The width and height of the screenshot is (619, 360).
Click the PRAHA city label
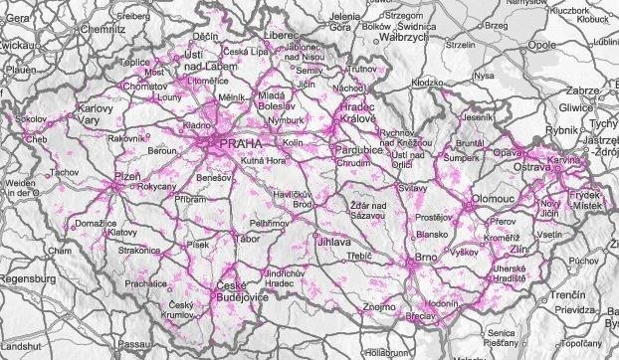[240, 143]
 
